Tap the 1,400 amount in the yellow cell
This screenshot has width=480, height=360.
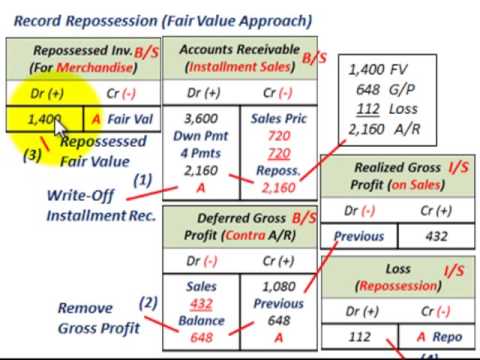click(x=45, y=119)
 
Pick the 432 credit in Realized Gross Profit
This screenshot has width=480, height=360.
click(x=436, y=236)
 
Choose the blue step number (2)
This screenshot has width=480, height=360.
click(x=148, y=302)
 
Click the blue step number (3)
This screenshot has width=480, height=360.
click(x=32, y=155)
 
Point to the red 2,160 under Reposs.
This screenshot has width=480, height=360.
click(x=277, y=186)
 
